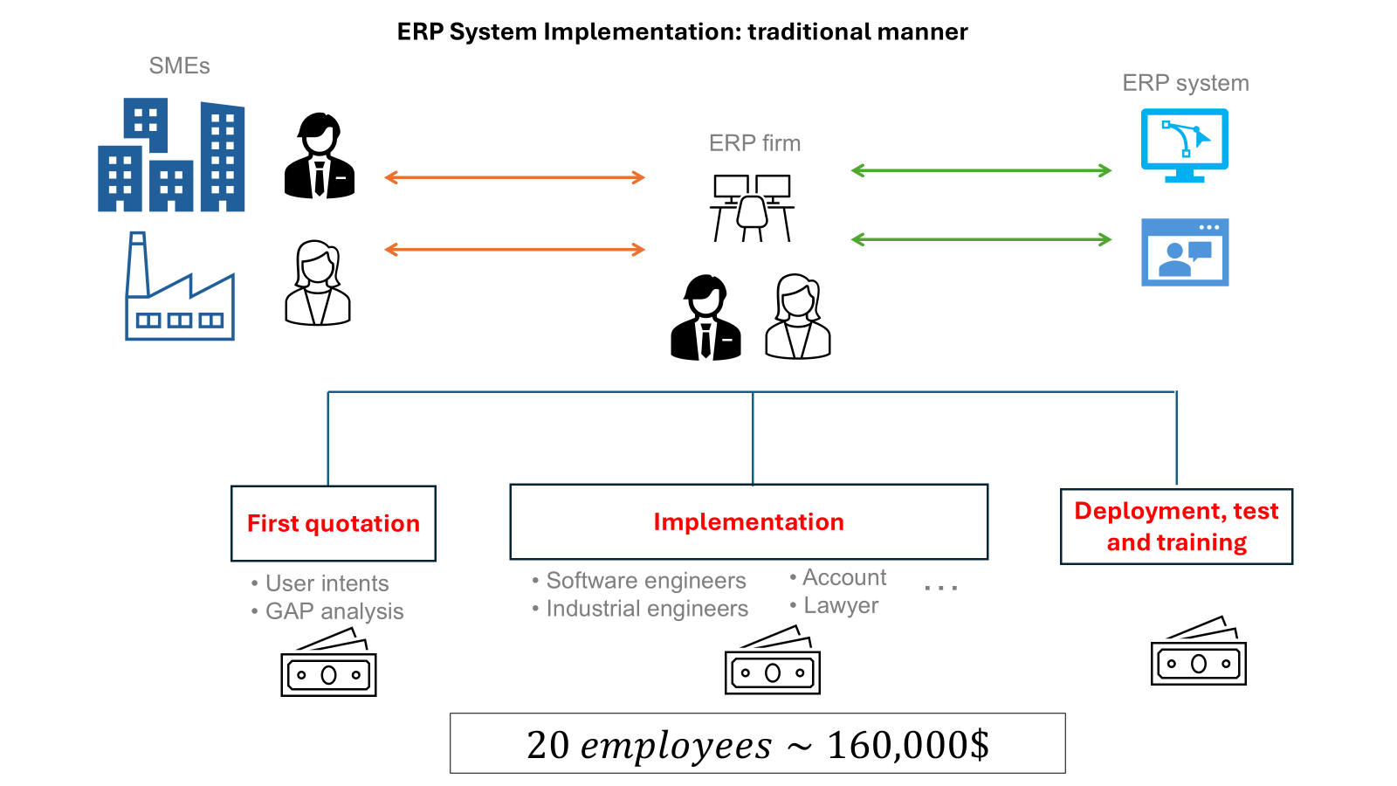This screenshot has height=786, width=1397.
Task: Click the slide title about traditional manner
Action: click(682, 32)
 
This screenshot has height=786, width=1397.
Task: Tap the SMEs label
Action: click(179, 66)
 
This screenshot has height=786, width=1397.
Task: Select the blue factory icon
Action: click(179, 288)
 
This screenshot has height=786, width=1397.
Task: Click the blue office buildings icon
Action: click(171, 156)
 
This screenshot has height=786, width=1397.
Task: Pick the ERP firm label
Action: click(754, 143)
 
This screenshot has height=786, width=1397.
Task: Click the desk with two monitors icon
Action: click(752, 208)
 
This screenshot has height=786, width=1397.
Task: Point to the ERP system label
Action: click(1185, 83)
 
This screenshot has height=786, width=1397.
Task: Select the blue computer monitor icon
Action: click(1185, 145)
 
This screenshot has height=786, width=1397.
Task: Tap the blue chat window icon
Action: click(1185, 252)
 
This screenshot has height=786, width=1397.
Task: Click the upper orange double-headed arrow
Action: click(514, 178)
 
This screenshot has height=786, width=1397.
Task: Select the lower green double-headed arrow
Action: click(981, 239)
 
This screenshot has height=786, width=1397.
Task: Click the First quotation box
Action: click(334, 523)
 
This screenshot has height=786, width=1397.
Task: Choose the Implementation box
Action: click(748, 521)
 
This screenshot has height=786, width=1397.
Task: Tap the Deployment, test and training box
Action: click(1176, 527)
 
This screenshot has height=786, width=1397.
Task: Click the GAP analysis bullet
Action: click(334, 611)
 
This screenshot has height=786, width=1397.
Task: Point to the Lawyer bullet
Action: click(840, 606)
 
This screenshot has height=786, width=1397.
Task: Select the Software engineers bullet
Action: click(645, 581)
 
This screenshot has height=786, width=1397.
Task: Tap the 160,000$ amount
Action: click(908, 745)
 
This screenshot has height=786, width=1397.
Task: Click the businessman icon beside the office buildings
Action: click(320, 156)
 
